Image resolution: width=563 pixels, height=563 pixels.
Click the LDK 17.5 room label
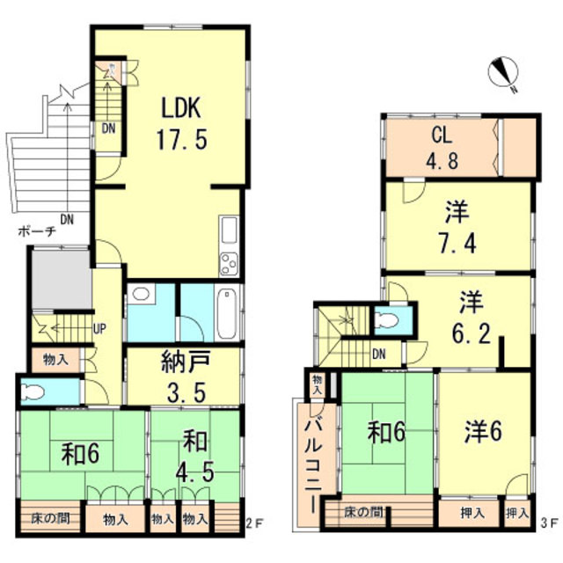pyautogui.click(x=182, y=123)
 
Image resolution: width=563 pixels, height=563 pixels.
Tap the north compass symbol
pyautogui.click(x=503, y=73)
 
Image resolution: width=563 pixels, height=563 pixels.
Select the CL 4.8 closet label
pyautogui.click(x=442, y=149)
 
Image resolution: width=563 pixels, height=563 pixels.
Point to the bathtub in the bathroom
pyautogui.click(x=227, y=314)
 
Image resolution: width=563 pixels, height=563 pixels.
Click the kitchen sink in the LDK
pyautogui.click(x=229, y=230)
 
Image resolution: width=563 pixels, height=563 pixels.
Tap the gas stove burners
pyautogui.click(x=229, y=264)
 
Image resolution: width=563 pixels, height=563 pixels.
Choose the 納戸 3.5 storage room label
pyautogui.click(x=186, y=377)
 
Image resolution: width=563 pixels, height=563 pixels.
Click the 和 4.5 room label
pyautogui.click(x=195, y=456)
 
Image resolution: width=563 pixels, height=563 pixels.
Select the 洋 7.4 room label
pyautogui.click(x=457, y=228)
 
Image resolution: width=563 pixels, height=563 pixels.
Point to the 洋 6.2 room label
pyautogui.click(x=471, y=318)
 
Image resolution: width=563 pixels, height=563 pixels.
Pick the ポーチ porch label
pyautogui.click(x=37, y=231)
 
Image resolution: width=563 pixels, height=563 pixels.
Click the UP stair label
pyautogui.click(x=99, y=328)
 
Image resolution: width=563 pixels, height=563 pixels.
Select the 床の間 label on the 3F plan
pyautogui.click(x=363, y=512)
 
